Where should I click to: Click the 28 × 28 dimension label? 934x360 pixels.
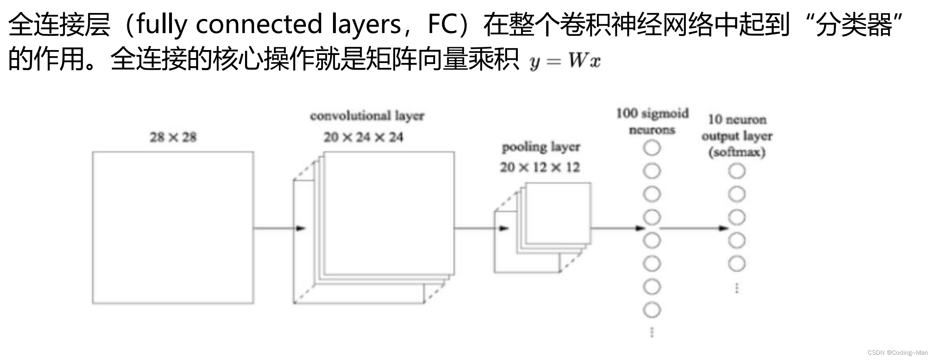[x=173, y=137]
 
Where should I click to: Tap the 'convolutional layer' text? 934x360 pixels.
[x=367, y=116]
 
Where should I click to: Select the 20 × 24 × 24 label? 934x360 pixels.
[x=363, y=137]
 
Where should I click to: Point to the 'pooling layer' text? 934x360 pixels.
[x=541, y=147]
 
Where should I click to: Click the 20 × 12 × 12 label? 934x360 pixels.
[x=540, y=167]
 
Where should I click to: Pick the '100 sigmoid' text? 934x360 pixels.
[x=652, y=113]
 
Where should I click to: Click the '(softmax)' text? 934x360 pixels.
[x=737, y=152]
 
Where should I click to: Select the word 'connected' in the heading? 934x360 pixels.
[x=259, y=24]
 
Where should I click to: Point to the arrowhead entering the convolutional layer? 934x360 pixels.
[x=301, y=228]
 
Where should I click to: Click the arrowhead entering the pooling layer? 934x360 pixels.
[x=504, y=228]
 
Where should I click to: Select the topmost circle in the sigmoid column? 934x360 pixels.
[x=652, y=148]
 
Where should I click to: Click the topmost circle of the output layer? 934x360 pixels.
[x=737, y=171]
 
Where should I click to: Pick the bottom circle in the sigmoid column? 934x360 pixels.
[x=652, y=310]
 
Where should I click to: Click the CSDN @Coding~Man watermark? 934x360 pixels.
[x=898, y=352]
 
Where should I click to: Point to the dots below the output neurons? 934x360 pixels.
[x=737, y=288]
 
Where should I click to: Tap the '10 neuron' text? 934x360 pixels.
[x=737, y=119]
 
